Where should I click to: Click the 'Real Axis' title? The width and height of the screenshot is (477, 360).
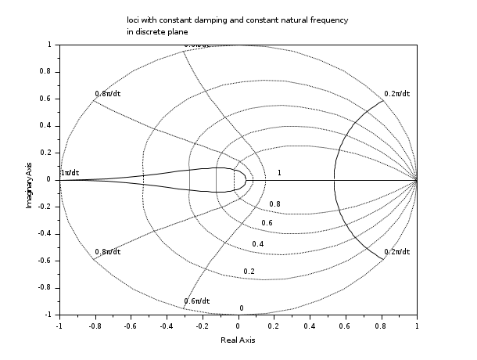pos(238,340)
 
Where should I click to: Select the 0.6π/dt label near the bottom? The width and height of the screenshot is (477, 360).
pos(196,301)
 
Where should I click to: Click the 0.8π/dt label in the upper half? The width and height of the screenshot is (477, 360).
pos(107,94)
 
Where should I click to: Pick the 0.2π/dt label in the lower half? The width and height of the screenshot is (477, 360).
pos(396,252)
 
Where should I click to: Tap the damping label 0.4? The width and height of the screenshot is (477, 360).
pos(258,244)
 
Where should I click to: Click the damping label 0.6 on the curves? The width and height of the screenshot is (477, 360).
pos(267,223)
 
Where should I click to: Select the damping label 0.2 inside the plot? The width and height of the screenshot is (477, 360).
pos(249,271)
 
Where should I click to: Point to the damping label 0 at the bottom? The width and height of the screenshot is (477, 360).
pos(242,308)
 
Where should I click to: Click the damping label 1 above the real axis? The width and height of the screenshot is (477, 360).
pos(279,172)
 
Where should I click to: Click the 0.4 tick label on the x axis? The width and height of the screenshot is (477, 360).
pos(309,326)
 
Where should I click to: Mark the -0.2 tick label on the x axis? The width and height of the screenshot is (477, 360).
pos(201,326)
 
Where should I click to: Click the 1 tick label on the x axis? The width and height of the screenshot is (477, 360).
pos(417,326)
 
